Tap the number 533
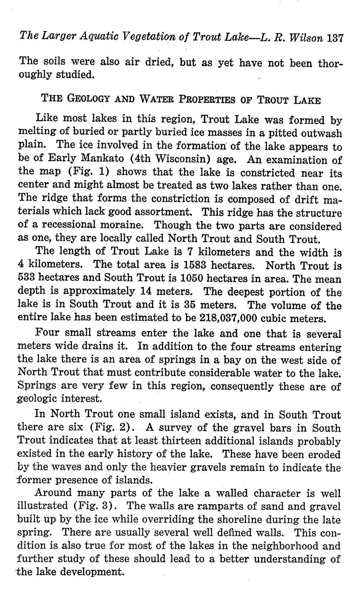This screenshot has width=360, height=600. tap(28, 279)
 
